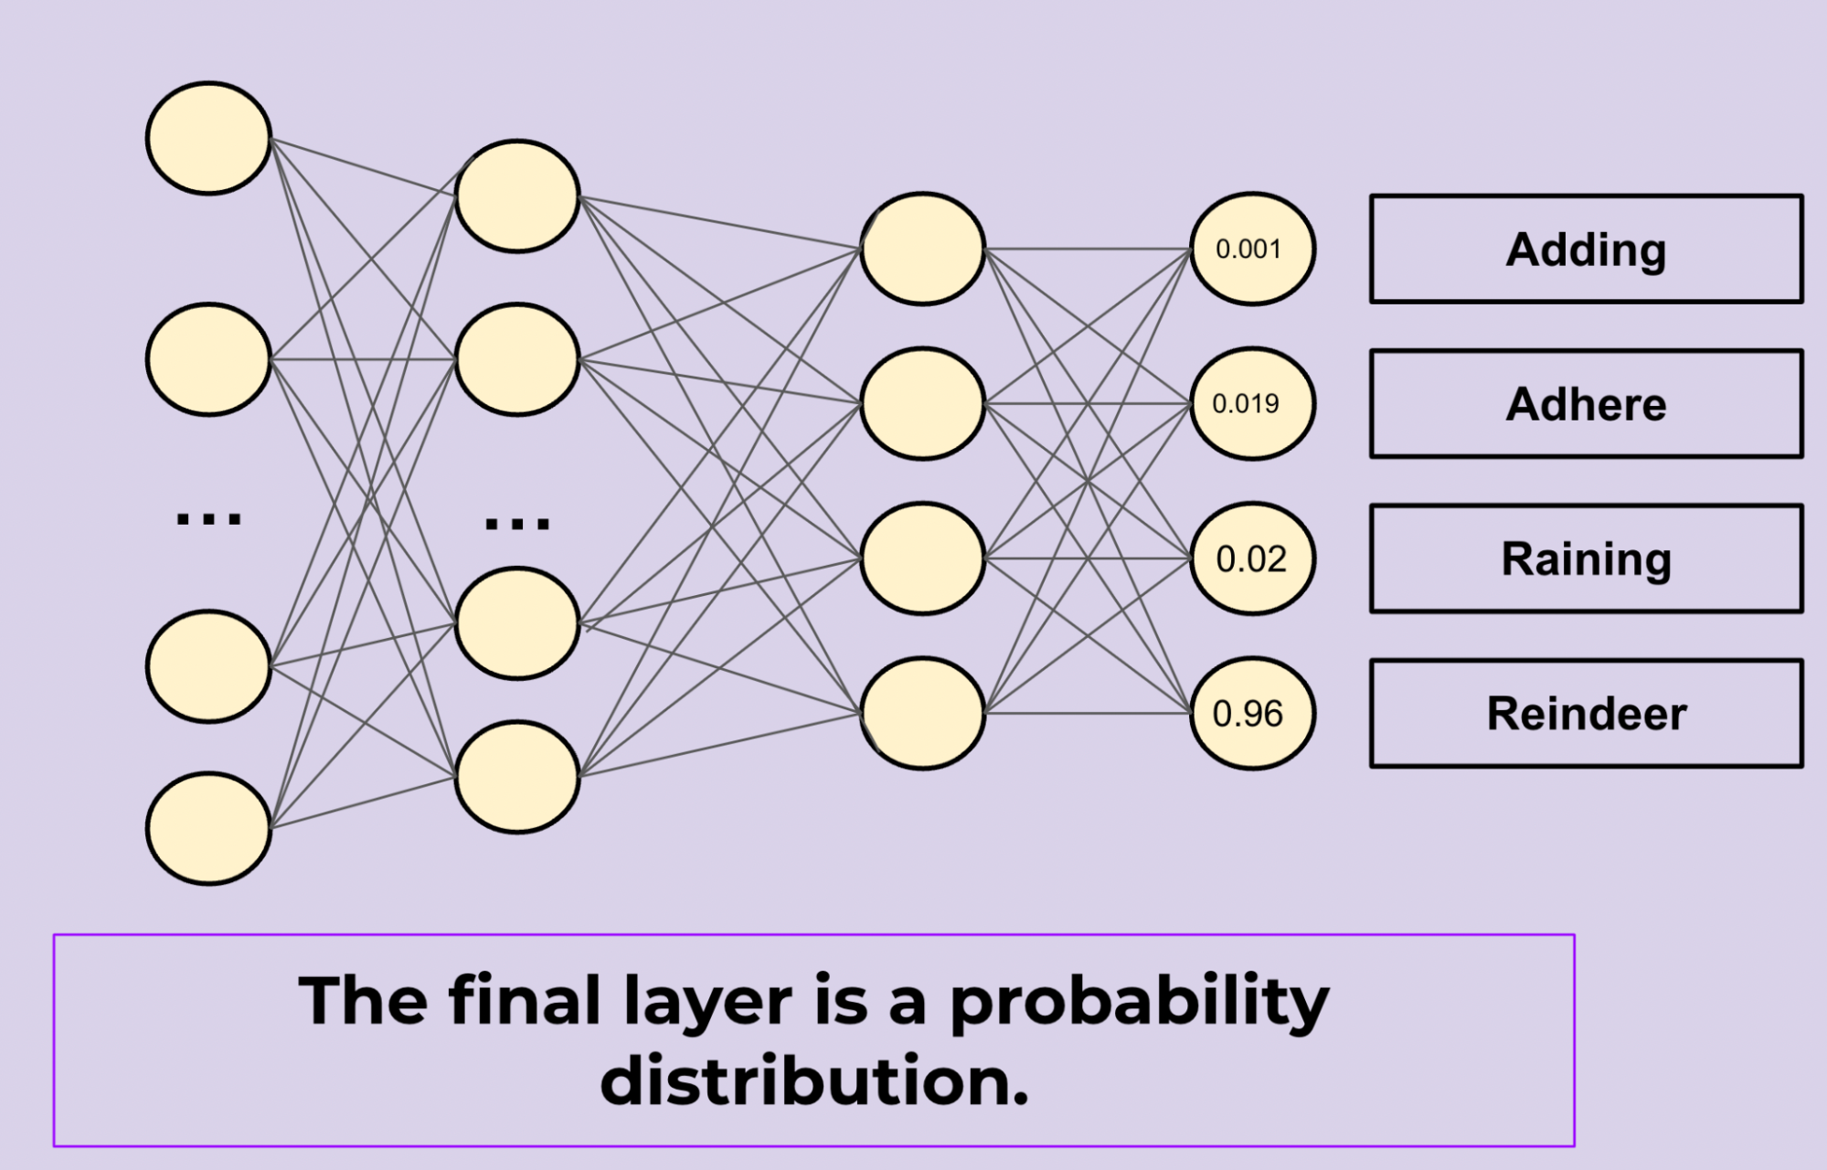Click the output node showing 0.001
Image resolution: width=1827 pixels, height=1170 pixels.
tap(1252, 249)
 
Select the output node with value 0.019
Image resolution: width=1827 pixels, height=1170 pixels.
tap(1252, 403)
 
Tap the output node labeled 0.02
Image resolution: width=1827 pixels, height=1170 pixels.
tap(1252, 558)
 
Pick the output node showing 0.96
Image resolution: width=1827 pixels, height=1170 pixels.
tap(1252, 713)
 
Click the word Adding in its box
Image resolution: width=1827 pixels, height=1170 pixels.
tap(1586, 250)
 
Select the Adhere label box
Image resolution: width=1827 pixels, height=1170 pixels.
tap(1586, 403)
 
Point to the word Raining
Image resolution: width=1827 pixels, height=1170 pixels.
tap(1586, 559)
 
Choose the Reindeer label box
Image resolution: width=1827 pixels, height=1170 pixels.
tap(1586, 713)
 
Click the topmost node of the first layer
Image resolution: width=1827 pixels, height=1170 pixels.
tap(209, 138)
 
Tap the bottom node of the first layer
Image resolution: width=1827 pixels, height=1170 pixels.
tap(209, 828)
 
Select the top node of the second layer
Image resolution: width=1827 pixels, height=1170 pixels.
tap(517, 197)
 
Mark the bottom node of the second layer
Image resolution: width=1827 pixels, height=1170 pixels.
tap(517, 777)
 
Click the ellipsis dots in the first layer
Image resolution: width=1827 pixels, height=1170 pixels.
tap(208, 518)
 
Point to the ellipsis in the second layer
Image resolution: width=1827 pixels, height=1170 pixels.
tap(517, 523)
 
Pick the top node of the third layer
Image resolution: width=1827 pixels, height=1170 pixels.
tap(922, 249)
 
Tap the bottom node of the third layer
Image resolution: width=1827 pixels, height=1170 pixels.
tap(922, 713)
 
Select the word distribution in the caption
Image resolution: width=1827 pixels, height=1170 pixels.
tap(814, 1080)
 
